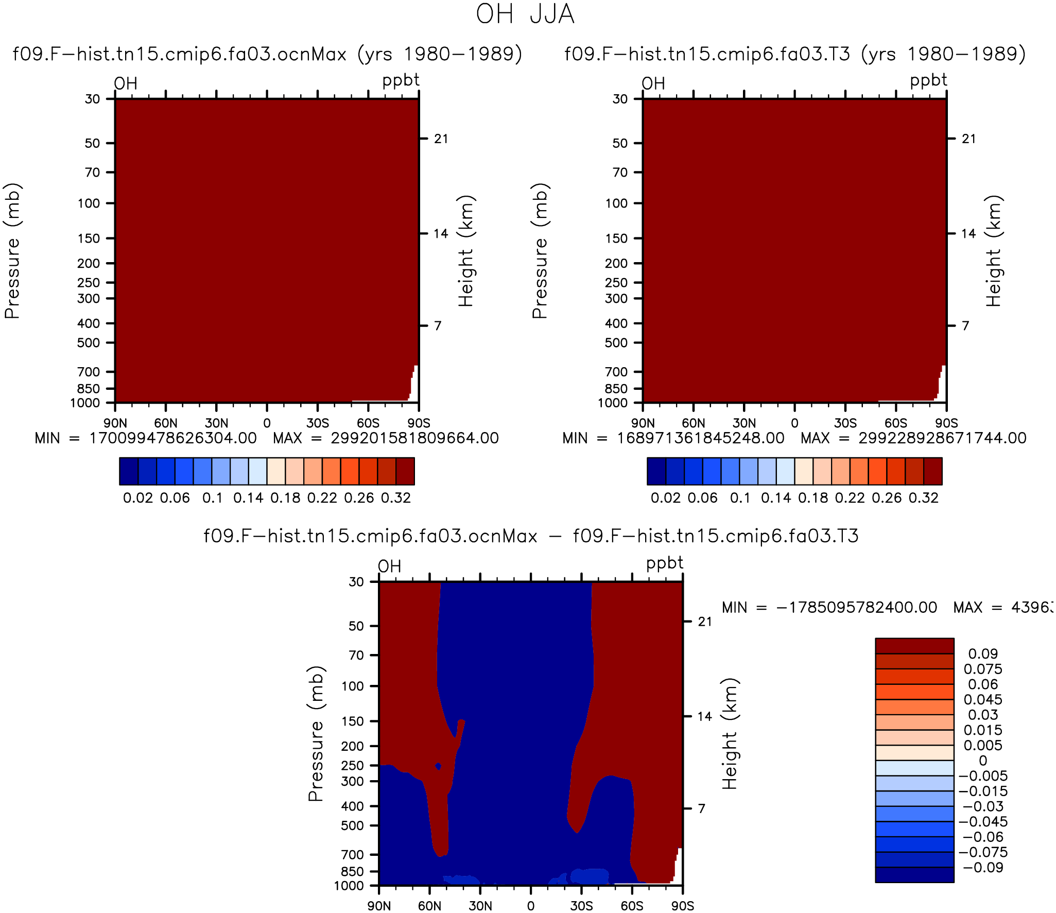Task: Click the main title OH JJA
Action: [x=525, y=14]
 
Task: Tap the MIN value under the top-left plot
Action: [x=146, y=438]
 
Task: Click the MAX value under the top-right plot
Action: [x=913, y=438]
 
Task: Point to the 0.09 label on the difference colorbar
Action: [x=983, y=654]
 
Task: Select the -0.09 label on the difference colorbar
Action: [x=983, y=868]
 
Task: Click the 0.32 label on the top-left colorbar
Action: [x=396, y=498]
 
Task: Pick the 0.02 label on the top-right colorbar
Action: [x=666, y=498]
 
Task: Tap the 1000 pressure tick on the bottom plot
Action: [x=349, y=886]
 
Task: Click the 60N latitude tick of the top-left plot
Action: [x=166, y=423]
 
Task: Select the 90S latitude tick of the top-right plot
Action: [x=946, y=423]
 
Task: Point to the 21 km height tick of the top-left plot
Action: [x=441, y=139]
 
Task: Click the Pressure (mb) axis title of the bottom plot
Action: [x=316, y=734]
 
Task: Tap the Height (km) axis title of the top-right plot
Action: [x=994, y=251]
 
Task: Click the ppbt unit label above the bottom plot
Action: [x=665, y=563]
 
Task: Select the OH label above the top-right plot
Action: [x=653, y=83]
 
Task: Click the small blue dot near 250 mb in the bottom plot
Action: [x=438, y=766]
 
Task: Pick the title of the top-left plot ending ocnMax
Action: [x=180, y=54]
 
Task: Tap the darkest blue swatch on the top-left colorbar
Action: [x=129, y=471]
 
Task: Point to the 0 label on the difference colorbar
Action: [x=983, y=761]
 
